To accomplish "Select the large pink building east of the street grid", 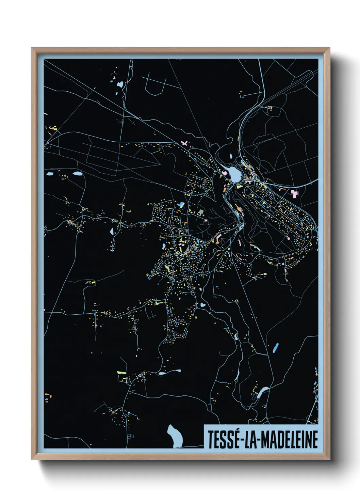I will point(294,194).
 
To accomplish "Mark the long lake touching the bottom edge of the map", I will point(175,436).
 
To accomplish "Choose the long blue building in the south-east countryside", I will point(276,347).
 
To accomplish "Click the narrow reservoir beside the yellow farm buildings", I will point(263,392).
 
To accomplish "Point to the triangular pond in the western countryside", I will point(112,231).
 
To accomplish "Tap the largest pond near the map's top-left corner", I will point(120,83).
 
